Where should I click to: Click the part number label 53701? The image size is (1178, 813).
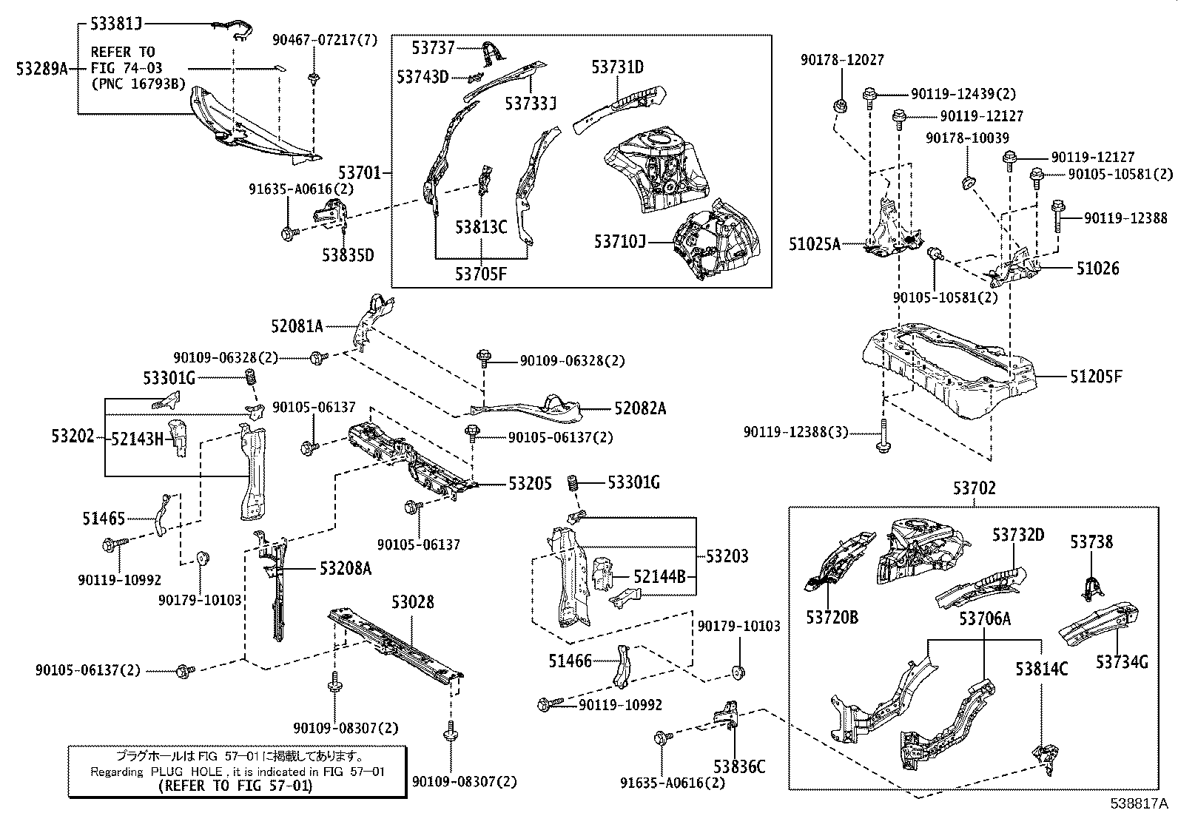click(359, 172)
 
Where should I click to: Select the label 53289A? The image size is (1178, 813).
click(41, 68)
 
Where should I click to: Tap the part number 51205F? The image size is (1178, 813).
click(1096, 377)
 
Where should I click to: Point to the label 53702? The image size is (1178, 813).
click(975, 488)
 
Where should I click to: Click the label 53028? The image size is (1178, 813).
click(413, 601)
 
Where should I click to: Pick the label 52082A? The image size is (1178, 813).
click(640, 408)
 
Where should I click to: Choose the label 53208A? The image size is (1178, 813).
click(346, 568)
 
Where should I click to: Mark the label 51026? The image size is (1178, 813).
click(1097, 269)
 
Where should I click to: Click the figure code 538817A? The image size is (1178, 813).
click(1139, 803)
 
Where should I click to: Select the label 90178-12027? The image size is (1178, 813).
click(842, 60)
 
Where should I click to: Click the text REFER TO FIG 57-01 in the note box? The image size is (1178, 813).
click(235, 786)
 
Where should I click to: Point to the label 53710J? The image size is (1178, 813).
click(619, 241)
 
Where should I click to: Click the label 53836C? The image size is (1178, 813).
click(739, 766)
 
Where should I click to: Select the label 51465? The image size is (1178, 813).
click(104, 519)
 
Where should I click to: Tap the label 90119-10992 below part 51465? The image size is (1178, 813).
click(119, 580)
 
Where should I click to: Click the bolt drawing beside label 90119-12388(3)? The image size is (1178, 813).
click(883, 436)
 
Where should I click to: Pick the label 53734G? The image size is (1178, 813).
click(1122, 661)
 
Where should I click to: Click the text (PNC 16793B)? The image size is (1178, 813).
click(138, 84)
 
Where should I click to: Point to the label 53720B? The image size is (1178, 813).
click(832, 618)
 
